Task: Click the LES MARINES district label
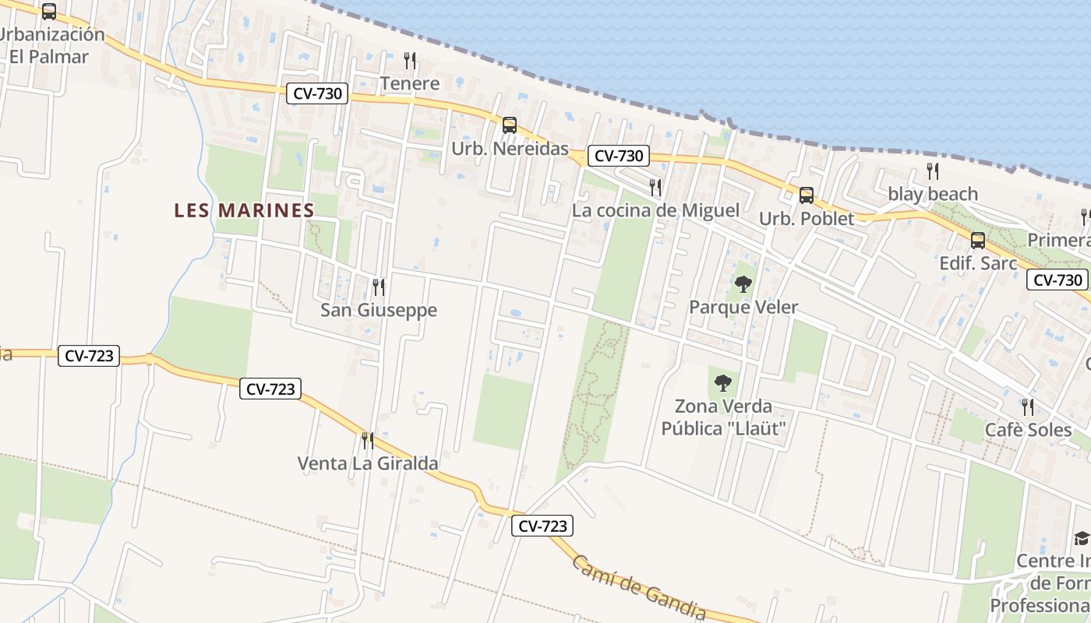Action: coord(244,210)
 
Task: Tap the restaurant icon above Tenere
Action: coord(410,60)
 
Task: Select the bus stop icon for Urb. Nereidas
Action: coord(510,125)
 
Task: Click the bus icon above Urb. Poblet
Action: coord(807,195)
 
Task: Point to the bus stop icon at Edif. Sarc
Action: coord(978,241)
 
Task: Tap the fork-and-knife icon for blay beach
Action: coord(933,171)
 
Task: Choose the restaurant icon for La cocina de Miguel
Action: coord(655,187)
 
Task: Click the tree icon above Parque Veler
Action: coord(743,284)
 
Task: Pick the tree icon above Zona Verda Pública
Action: coord(723,383)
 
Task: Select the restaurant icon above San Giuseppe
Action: coord(379,287)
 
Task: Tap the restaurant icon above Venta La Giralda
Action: coord(368,441)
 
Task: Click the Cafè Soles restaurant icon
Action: coord(1029,407)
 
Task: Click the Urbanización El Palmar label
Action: coord(51,45)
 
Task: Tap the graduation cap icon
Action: coord(1082,538)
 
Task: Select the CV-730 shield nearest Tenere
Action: coord(317,93)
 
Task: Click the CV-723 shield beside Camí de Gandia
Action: coord(543,526)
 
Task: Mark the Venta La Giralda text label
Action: coord(368,464)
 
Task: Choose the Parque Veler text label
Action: coord(743,308)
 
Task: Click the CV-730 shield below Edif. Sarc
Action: coord(1057,280)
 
